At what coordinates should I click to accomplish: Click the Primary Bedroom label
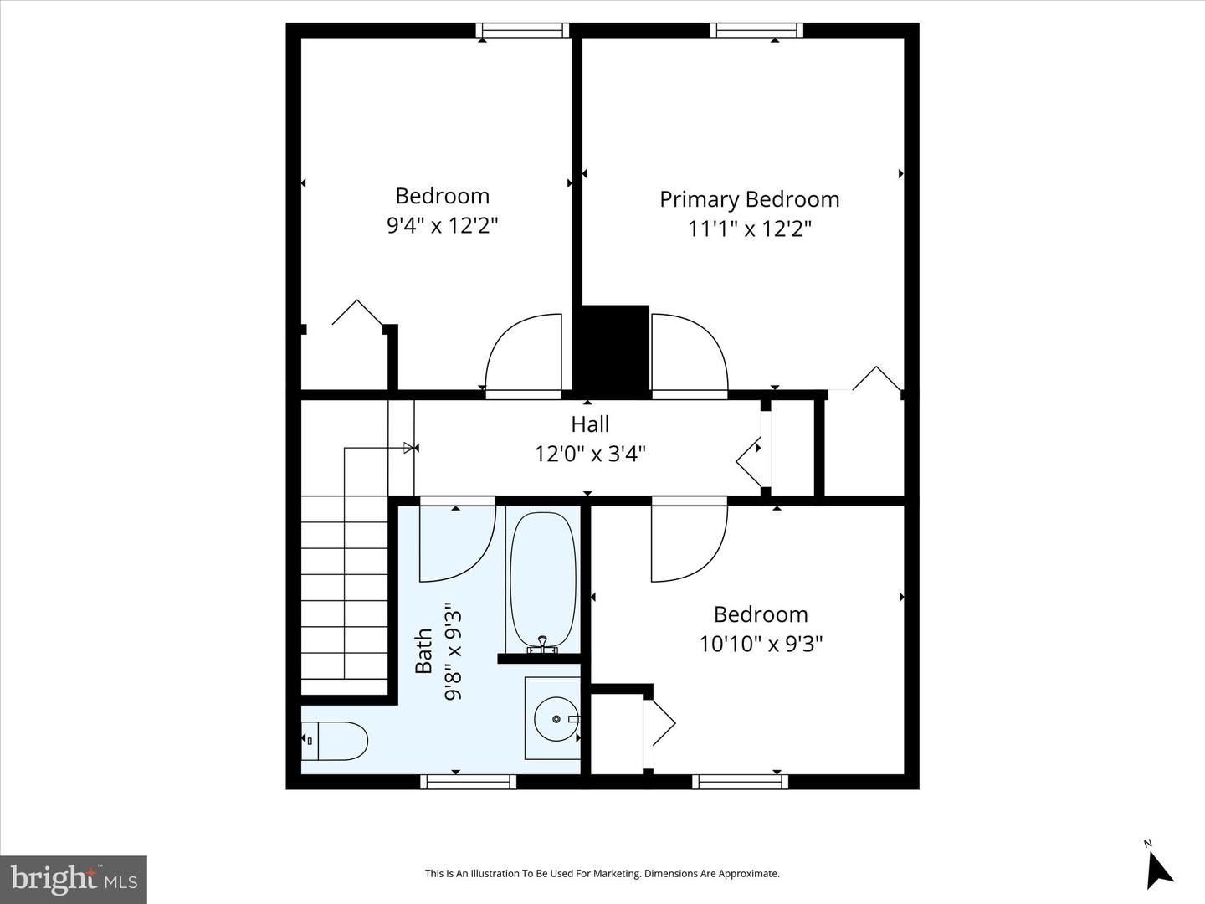point(749,199)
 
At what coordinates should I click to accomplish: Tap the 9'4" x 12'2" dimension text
point(442,225)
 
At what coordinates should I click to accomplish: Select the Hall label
point(590,424)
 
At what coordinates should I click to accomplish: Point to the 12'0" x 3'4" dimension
point(590,454)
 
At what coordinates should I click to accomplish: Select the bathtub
point(542,582)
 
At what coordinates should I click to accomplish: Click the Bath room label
point(424,651)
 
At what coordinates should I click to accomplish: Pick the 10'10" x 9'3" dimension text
point(761,644)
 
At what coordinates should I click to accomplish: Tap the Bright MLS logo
point(74,879)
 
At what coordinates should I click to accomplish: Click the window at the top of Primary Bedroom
point(756,31)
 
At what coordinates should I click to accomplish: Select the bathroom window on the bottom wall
point(468,782)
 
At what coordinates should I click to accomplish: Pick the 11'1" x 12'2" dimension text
point(749,229)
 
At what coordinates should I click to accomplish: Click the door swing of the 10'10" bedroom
point(688,540)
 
